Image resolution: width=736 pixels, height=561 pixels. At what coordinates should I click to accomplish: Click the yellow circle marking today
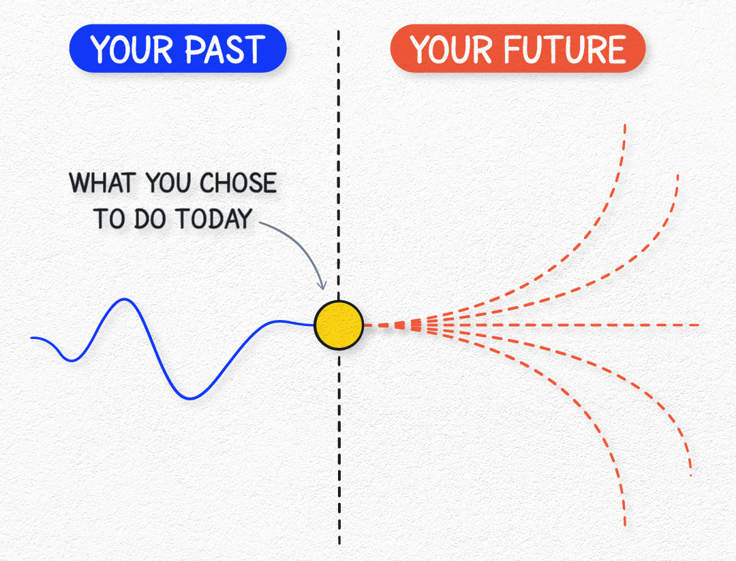(x=339, y=325)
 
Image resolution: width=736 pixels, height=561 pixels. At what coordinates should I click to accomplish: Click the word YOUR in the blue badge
(x=132, y=49)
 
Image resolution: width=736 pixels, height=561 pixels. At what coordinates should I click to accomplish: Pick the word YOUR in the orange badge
(x=450, y=49)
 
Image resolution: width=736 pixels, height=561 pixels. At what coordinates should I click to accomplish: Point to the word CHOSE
(x=239, y=183)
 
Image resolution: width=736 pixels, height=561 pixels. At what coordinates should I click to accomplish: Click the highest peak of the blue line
(x=125, y=299)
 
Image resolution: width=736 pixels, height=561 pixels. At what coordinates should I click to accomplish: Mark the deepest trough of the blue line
(x=190, y=399)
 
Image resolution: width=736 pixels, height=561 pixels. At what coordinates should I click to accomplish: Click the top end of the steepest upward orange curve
(x=625, y=125)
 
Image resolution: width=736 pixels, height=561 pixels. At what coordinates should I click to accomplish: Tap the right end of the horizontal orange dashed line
(x=699, y=325)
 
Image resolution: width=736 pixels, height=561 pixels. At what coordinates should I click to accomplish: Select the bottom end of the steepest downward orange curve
(x=625, y=525)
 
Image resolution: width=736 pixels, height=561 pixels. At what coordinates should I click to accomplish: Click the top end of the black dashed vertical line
(x=339, y=31)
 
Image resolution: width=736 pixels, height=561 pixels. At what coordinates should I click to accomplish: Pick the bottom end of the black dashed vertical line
(x=339, y=544)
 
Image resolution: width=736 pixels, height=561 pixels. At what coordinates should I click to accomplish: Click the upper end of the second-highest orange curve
(x=678, y=176)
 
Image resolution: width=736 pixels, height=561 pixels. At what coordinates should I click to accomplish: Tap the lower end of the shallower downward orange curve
(x=690, y=476)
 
